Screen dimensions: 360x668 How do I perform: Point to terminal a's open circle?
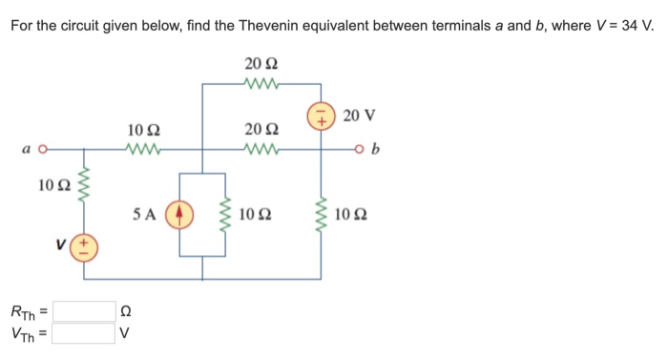pyautogui.click(x=42, y=150)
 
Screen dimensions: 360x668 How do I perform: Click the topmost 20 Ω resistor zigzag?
pyautogui.click(x=261, y=84)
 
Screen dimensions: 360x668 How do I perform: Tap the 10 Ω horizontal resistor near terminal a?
pyautogui.click(x=144, y=150)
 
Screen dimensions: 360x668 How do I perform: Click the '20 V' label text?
pyautogui.click(x=359, y=116)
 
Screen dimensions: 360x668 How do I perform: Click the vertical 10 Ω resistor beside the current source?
pyautogui.click(x=225, y=215)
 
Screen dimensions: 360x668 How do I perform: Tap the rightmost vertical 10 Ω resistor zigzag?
pyautogui.click(x=321, y=215)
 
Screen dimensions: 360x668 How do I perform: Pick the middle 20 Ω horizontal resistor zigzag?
pyautogui.click(x=261, y=150)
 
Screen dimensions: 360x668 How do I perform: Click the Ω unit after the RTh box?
pyautogui.click(x=124, y=311)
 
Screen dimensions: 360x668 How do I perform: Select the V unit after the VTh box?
pyautogui.click(x=124, y=333)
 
